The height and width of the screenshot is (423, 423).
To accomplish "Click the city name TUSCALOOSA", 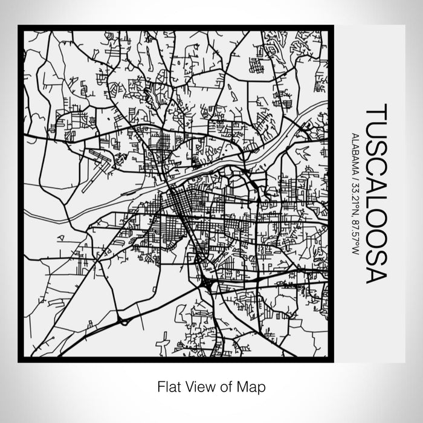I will [x=375, y=193].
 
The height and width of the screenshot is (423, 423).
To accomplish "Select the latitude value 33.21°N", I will [x=355, y=193].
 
